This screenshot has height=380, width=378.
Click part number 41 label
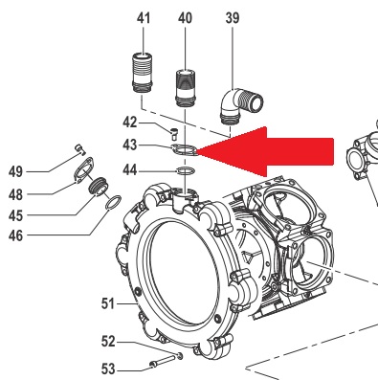point(144,18)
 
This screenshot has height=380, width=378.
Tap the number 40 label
point(185,18)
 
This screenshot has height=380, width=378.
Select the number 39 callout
point(233,18)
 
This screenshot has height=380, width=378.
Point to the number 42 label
point(130,123)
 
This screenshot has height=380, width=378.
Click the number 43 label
point(130,145)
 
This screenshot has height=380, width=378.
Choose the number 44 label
point(130,170)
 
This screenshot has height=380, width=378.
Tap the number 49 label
point(15,172)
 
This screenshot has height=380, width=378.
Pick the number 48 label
point(15,194)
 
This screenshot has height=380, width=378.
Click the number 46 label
point(15,236)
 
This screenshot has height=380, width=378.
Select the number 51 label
point(108,303)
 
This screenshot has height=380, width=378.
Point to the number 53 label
point(108,369)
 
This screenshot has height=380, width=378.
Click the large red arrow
point(265,151)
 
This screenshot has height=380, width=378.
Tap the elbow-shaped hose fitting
point(241,105)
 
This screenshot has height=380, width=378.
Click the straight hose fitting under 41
point(142,73)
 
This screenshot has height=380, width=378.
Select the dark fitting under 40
point(186,87)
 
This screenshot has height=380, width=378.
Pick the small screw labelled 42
point(174,133)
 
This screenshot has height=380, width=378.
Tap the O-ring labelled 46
point(113,203)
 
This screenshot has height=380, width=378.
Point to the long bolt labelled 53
point(166,360)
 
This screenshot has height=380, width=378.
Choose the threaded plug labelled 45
point(99,186)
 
